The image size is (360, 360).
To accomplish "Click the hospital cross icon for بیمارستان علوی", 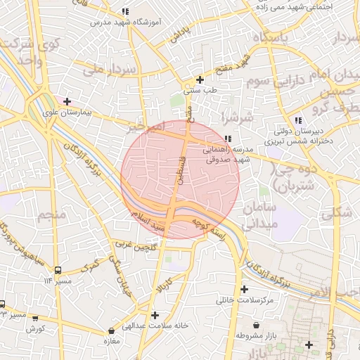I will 67,102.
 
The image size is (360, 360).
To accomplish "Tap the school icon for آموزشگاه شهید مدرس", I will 125,12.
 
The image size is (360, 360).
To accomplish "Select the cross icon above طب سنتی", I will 200,79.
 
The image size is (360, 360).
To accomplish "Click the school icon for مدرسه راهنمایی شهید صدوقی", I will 228,139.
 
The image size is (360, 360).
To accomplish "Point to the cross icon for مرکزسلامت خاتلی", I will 244,290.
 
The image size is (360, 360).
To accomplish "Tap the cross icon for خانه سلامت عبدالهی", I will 155,315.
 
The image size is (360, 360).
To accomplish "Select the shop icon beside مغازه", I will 111,331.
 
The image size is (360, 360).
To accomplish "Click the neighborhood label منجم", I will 53,213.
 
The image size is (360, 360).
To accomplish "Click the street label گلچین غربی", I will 134,245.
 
